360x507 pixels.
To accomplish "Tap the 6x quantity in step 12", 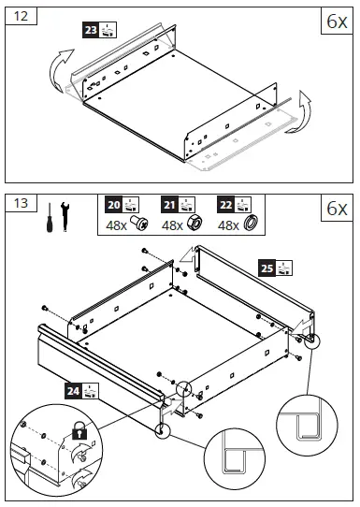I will tap(335, 22).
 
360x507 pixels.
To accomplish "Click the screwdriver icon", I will tap(45, 221).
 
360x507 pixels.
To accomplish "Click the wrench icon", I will tap(65, 220).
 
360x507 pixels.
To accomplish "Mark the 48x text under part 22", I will tap(228, 226).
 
